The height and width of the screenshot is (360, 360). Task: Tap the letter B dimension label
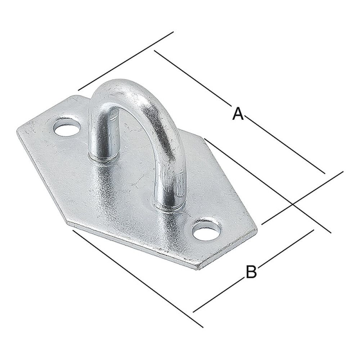tap(251, 271)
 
